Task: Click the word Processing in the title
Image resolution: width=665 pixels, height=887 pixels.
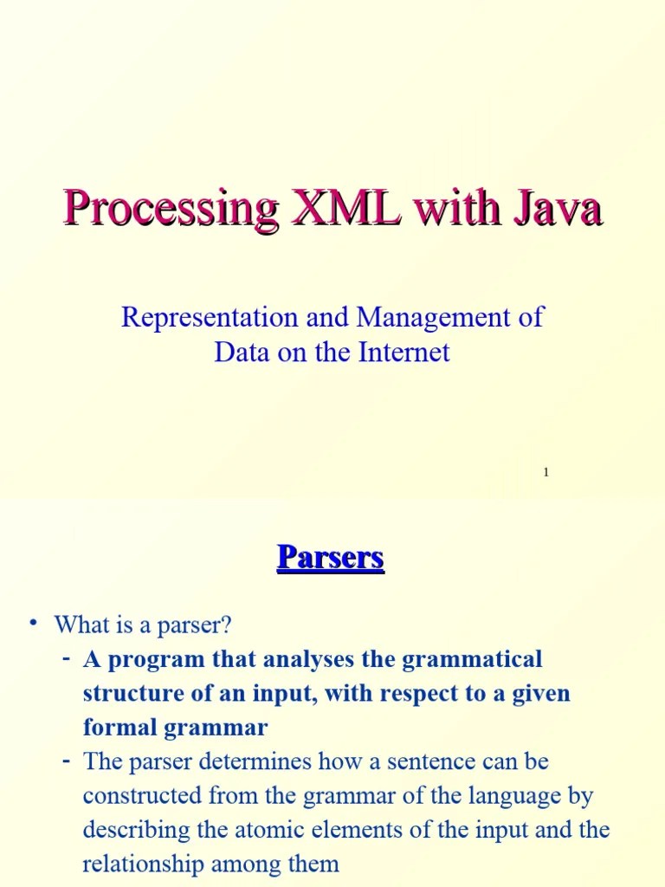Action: click(169, 210)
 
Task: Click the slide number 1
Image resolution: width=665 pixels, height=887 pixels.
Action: click(546, 472)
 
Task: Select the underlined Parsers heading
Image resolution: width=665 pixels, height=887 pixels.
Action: click(330, 557)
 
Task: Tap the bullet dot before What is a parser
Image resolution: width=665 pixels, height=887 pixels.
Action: click(33, 623)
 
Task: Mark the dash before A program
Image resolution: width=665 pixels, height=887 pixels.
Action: click(66, 659)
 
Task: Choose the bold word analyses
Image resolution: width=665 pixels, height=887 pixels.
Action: click(310, 660)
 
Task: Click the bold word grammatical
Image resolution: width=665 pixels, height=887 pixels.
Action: click(471, 660)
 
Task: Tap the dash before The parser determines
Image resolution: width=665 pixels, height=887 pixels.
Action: click(66, 761)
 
